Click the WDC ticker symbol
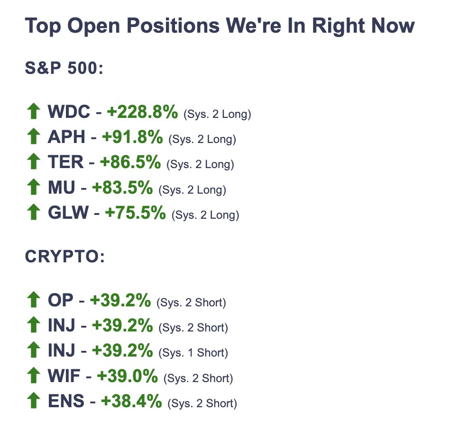tap(69, 112)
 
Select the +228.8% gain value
tap(142, 112)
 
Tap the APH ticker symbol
tap(66, 137)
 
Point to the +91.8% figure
tap(132, 137)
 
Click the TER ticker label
tap(66, 162)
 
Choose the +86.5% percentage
tap(130, 162)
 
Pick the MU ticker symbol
tap(62, 188)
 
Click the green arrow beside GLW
tap(34, 212)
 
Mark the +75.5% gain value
tap(135, 213)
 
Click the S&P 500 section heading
tap(64, 68)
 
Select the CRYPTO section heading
tap(65, 257)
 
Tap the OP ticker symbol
tap(61, 300)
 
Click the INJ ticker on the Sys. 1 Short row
tap(62, 350)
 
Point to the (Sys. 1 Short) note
tap(193, 353)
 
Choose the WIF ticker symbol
tap(64, 375)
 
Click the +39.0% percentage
tap(127, 375)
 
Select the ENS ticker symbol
tap(66, 401)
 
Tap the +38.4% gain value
tap(131, 401)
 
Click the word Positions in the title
tap(173, 26)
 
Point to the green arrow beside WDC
tap(34, 111)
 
